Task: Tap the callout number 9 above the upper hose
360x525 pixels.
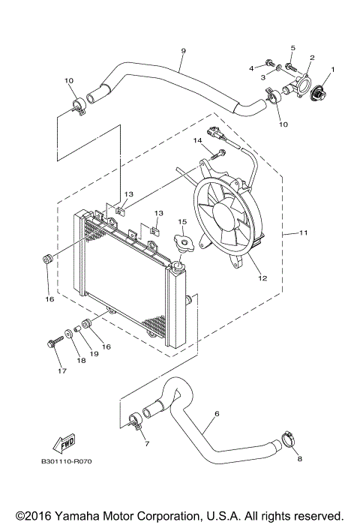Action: coord(183,51)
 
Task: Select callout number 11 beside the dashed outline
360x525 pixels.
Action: coord(304,234)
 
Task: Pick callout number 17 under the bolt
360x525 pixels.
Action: coord(61,370)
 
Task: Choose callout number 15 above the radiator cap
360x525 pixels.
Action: coord(181,222)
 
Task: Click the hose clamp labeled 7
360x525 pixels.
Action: coord(134,421)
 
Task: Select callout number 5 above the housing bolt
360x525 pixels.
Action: coord(293,48)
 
